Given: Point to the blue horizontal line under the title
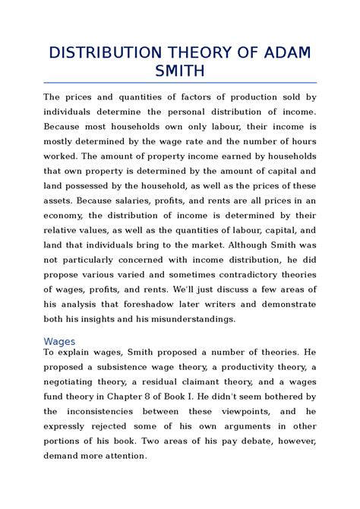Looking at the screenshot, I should coord(180,82).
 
